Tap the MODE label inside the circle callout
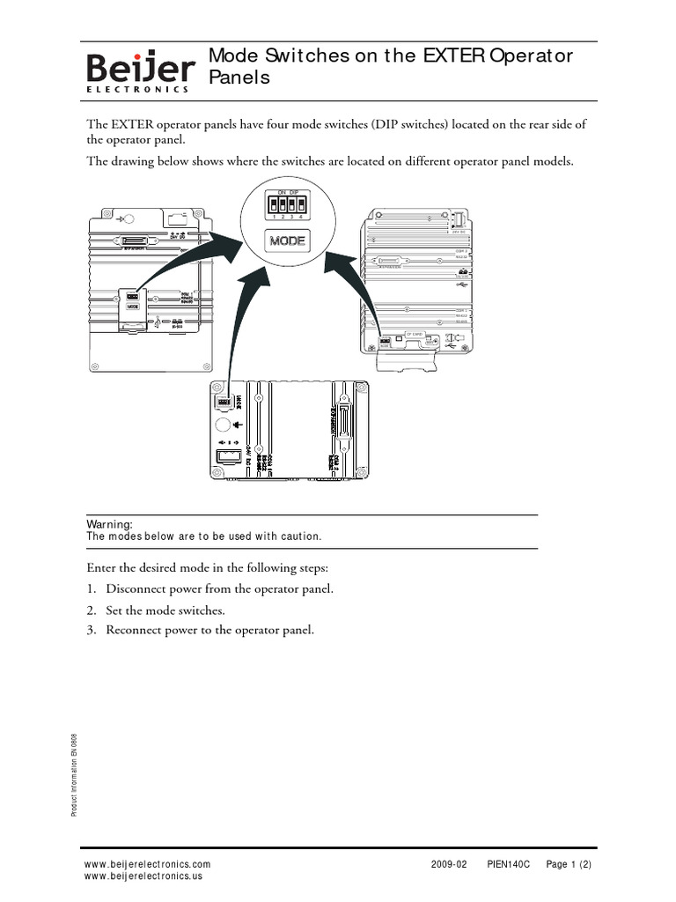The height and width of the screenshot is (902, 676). tap(287, 240)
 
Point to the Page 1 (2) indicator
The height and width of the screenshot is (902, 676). tap(569, 864)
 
